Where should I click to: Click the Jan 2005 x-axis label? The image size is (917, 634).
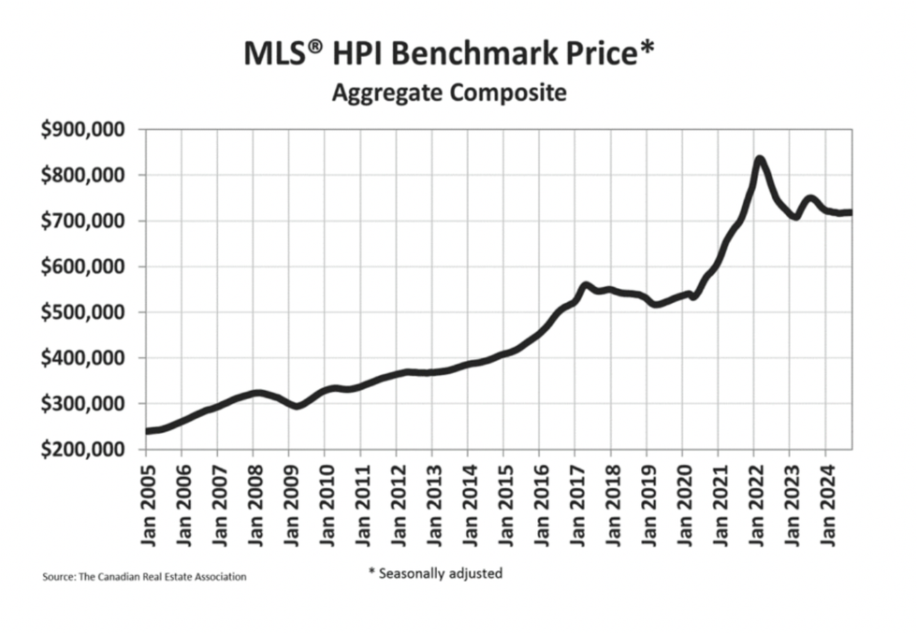146,505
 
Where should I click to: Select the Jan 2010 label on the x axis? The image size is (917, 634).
325,505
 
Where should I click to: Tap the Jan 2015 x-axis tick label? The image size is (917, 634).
503,505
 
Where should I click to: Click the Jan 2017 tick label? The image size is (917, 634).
575,505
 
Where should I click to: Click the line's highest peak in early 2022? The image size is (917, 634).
760,160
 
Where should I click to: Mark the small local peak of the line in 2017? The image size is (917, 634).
586,285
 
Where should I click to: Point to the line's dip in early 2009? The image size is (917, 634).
296,406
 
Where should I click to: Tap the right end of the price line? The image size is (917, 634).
850,212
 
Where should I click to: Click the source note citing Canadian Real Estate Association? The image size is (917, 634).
144,577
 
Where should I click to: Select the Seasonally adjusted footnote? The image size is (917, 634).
435,573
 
